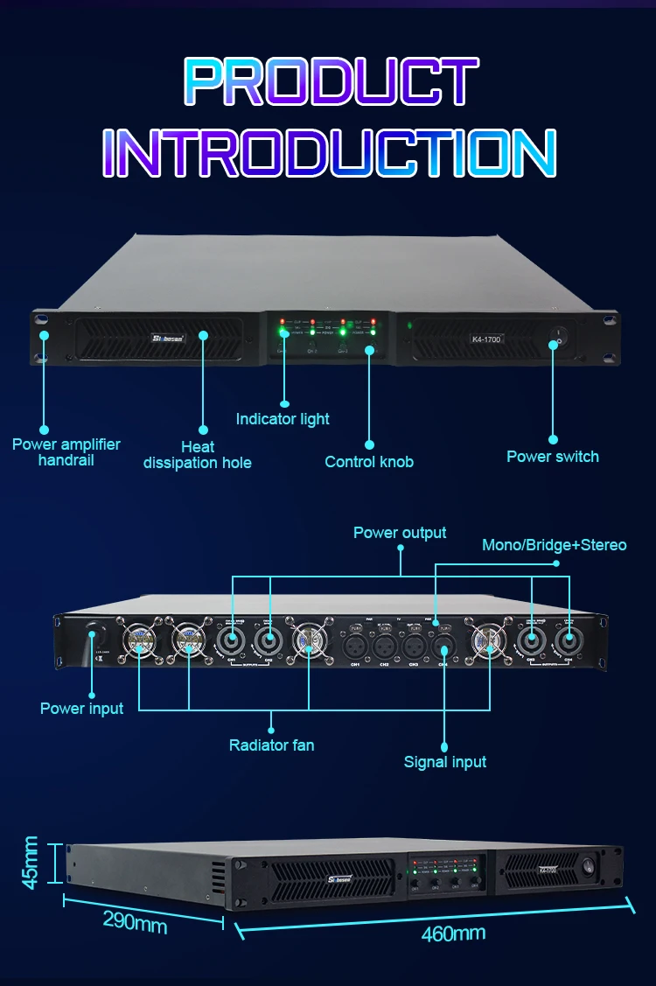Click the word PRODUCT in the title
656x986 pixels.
tap(331, 83)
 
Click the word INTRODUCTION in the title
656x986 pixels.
tap(329, 153)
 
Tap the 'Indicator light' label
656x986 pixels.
tap(283, 419)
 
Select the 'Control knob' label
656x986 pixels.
tap(369, 461)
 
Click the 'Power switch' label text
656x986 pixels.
tap(553, 456)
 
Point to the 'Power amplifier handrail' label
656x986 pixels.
tap(66, 451)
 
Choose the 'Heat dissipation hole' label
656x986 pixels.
tap(198, 455)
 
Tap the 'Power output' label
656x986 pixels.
tap(400, 533)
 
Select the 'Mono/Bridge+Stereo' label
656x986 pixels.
tap(555, 545)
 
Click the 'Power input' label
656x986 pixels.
tap(82, 708)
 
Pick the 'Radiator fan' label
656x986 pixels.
tap(271, 745)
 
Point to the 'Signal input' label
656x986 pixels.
tap(445, 762)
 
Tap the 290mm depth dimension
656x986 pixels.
tap(135, 920)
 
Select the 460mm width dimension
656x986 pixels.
tap(453, 934)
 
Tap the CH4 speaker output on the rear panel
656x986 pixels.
tap(569, 643)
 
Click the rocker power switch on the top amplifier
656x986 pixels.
tap(560, 334)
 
